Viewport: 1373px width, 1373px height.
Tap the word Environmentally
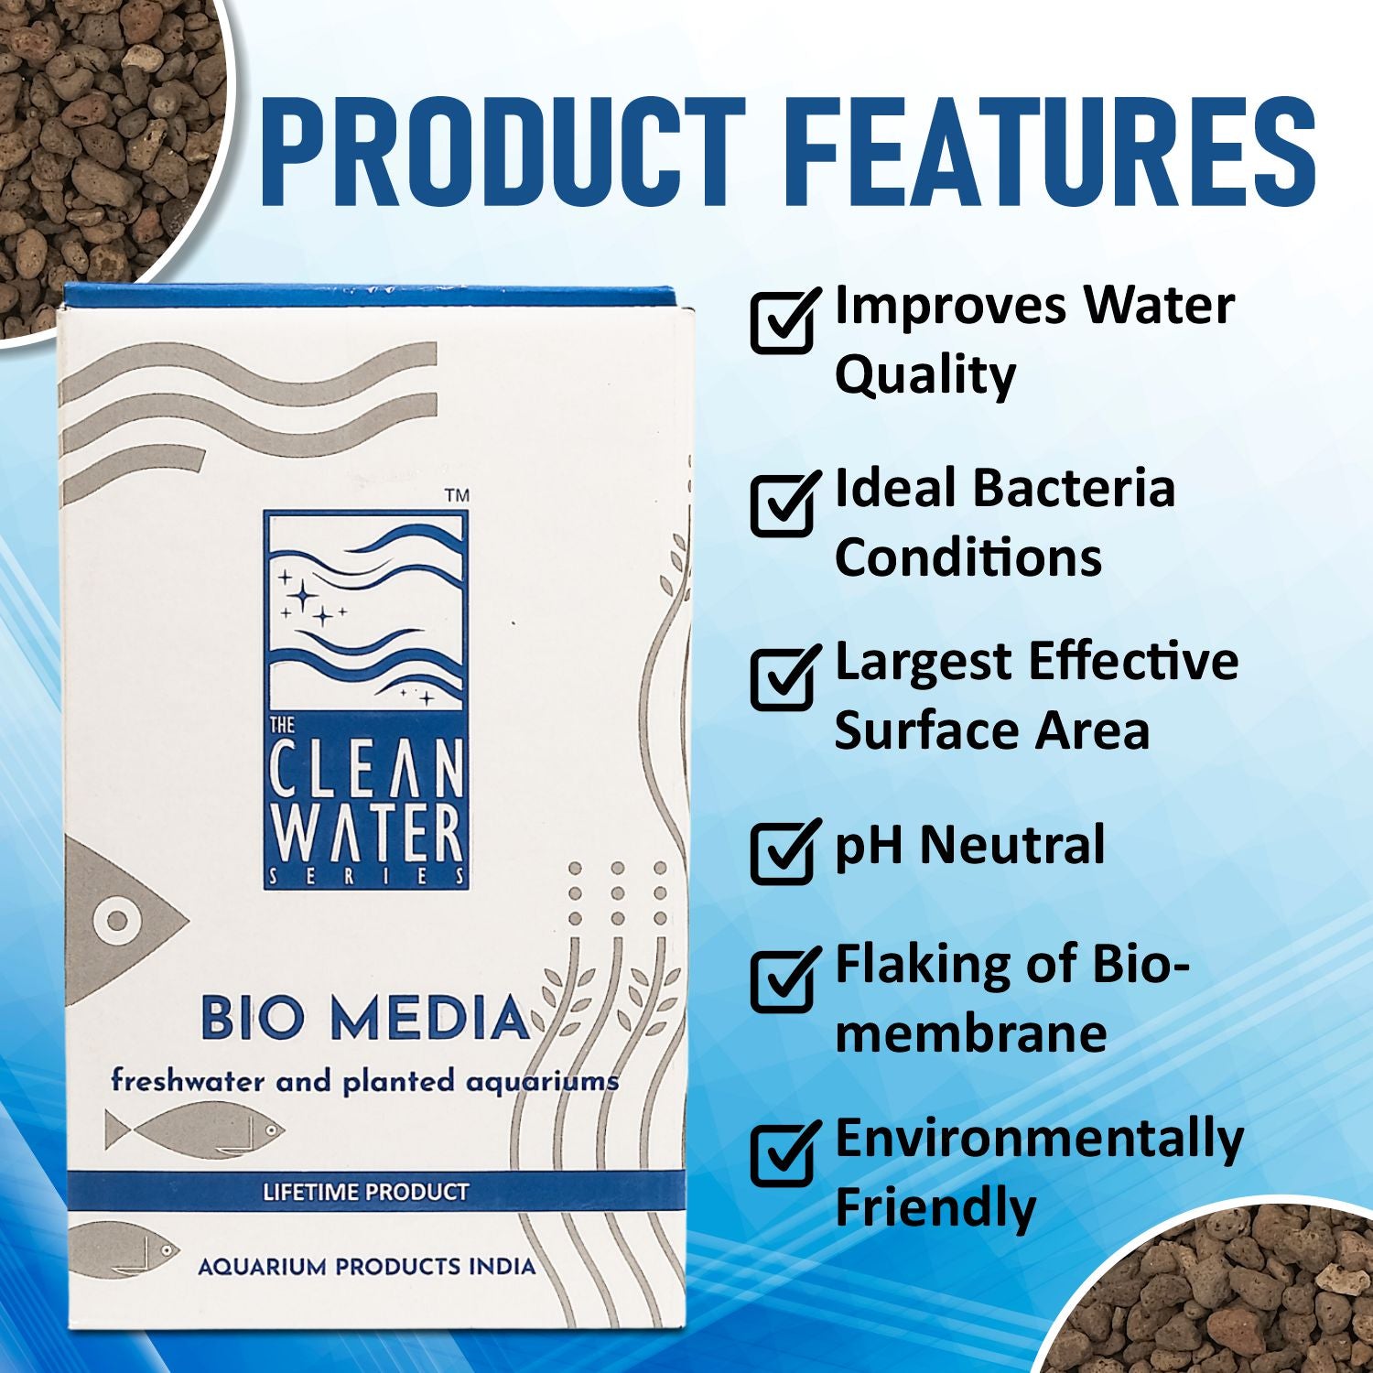(x=1039, y=1140)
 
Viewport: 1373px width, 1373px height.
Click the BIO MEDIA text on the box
(x=364, y=1018)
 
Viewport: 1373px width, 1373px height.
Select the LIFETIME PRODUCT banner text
(x=365, y=1192)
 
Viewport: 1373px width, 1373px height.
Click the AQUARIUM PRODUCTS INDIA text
(x=366, y=1267)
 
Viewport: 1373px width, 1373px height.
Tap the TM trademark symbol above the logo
(x=457, y=495)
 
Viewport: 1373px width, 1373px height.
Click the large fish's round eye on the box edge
(x=116, y=919)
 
